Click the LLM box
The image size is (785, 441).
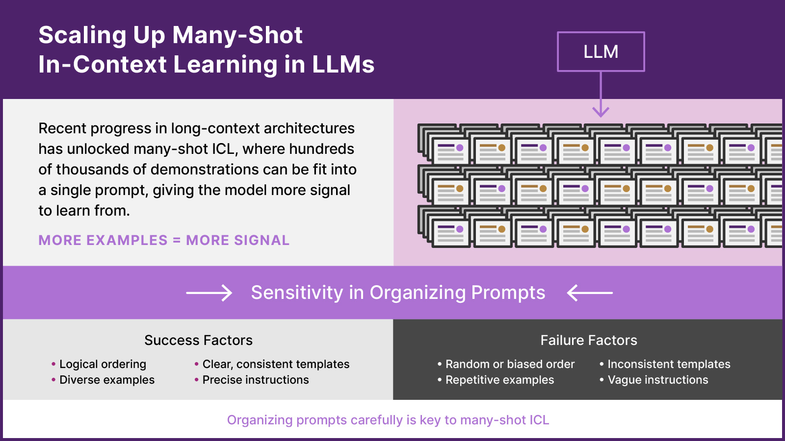[x=601, y=51]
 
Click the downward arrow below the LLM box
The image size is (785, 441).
[x=601, y=98]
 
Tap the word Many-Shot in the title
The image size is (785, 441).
[x=237, y=35]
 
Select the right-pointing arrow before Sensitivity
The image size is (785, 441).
[x=209, y=293]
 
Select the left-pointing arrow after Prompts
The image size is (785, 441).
[x=589, y=293]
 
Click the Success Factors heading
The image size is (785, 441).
[x=198, y=340]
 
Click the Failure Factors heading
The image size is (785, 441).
[x=588, y=340]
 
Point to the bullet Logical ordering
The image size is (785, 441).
[x=103, y=364]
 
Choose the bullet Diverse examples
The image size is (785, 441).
[x=106, y=380]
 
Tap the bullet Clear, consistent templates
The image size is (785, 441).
[x=276, y=364]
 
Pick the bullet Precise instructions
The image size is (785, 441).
[x=255, y=380]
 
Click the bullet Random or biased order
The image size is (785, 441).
[x=509, y=364]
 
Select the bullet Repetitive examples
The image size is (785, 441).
[x=499, y=380]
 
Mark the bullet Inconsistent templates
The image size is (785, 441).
[x=668, y=364]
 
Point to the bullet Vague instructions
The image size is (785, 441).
[x=657, y=380]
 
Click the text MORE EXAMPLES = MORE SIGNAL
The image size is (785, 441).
[x=164, y=240]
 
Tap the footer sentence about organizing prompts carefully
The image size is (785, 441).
[x=388, y=420]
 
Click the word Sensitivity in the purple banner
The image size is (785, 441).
[x=297, y=293]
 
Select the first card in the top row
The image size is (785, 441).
[x=450, y=150]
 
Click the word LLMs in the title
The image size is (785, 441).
[x=343, y=65]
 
